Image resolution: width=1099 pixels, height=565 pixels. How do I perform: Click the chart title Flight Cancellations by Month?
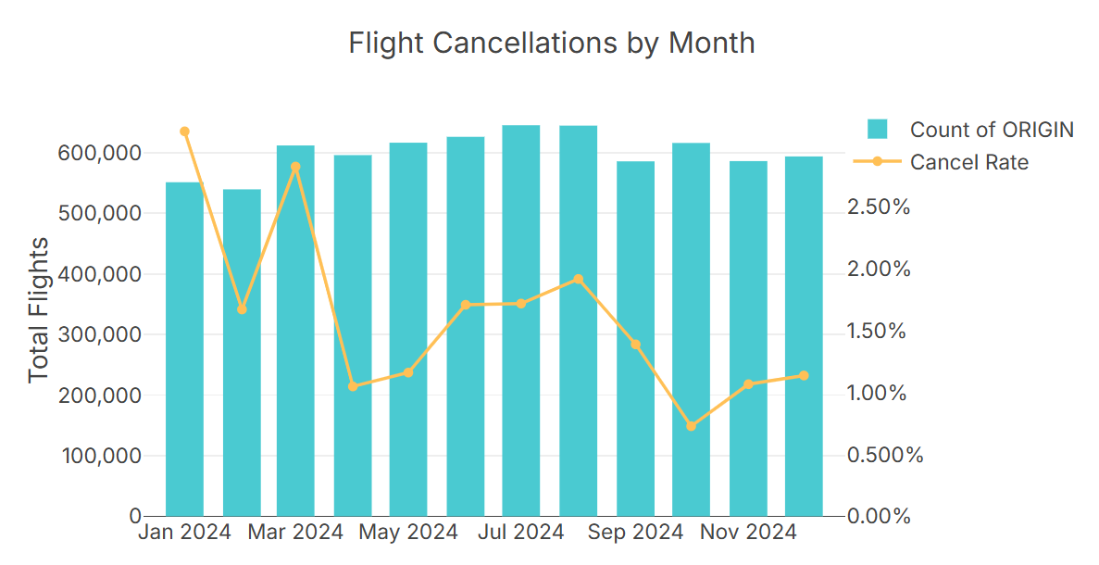click(551, 43)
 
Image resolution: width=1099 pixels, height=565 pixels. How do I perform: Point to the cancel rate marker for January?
click(184, 132)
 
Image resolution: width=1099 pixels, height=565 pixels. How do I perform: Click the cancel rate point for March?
click(295, 168)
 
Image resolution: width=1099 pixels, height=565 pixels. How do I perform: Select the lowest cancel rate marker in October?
click(691, 426)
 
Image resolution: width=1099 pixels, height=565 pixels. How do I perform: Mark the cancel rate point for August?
click(578, 279)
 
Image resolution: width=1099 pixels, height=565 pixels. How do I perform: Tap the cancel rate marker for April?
click(352, 385)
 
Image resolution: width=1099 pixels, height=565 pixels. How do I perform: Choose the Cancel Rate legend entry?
click(968, 162)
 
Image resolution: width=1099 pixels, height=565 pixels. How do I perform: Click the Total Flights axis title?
click(38, 310)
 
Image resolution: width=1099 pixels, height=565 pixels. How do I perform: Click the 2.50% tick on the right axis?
click(879, 207)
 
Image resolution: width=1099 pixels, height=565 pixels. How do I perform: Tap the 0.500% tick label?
click(884, 455)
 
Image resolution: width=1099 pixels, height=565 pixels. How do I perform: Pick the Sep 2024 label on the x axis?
click(634, 533)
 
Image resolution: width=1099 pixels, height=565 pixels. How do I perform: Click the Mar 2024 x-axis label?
click(295, 533)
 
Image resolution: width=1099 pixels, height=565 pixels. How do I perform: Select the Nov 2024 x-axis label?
click(747, 533)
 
